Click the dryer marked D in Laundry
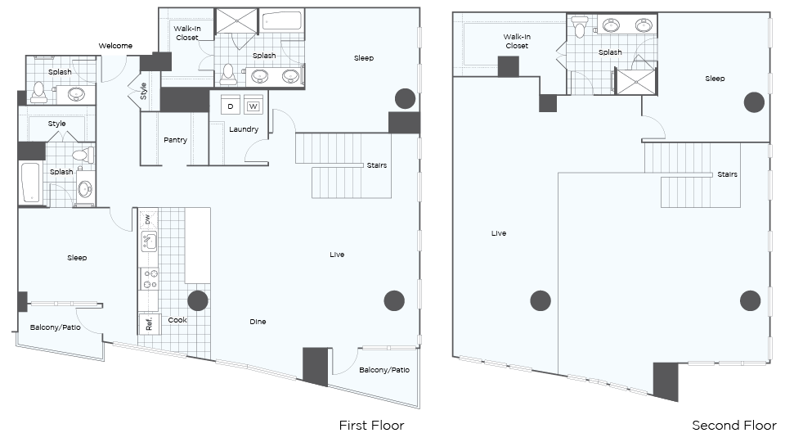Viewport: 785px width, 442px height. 231,106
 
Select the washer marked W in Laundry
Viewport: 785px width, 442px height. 253,106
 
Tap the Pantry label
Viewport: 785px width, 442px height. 175,140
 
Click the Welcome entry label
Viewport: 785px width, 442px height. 115,46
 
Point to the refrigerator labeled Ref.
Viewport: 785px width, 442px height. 149,324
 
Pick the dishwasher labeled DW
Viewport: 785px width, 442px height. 148,219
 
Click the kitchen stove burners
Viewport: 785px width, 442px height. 149,278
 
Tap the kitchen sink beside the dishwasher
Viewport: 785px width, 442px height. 149,241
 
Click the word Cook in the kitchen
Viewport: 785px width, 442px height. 177,320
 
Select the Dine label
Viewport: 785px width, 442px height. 258,322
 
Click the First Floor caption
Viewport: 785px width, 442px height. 371,426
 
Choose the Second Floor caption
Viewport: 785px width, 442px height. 734,426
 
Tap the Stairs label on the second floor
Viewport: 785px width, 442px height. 728,174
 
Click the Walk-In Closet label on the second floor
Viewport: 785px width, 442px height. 517,41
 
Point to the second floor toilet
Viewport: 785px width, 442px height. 580,27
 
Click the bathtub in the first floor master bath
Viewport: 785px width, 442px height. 282,21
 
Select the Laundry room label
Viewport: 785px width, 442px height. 244,129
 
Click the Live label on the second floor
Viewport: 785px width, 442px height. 499,233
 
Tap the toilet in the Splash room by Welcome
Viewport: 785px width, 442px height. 39,92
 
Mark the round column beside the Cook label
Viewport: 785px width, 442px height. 198,300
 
